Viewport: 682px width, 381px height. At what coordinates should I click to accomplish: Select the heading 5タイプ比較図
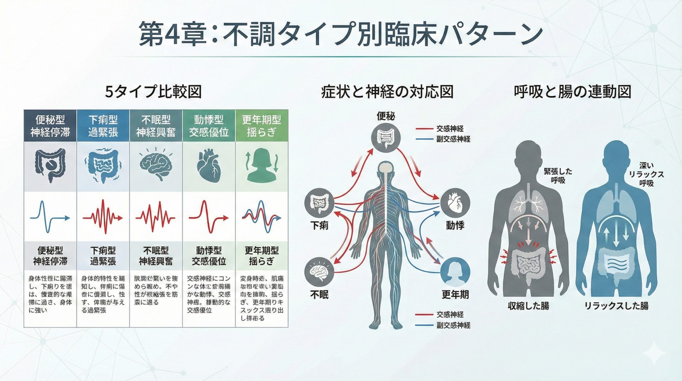[x=153, y=92]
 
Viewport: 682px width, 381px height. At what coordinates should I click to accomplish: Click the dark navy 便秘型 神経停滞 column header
[x=50, y=126]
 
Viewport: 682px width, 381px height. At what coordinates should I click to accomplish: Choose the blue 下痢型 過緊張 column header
[x=103, y=126]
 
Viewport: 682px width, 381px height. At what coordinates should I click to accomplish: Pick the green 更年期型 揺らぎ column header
[x=261, y=126]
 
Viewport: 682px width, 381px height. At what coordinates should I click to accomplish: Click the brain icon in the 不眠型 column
[x=156, y=166]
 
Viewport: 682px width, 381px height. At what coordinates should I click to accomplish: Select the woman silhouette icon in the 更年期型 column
[x=261, y=166]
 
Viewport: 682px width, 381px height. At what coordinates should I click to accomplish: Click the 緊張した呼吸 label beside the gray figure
[x=558, y=176]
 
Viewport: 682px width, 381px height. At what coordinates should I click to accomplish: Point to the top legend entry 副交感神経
[x=453, y=139]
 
